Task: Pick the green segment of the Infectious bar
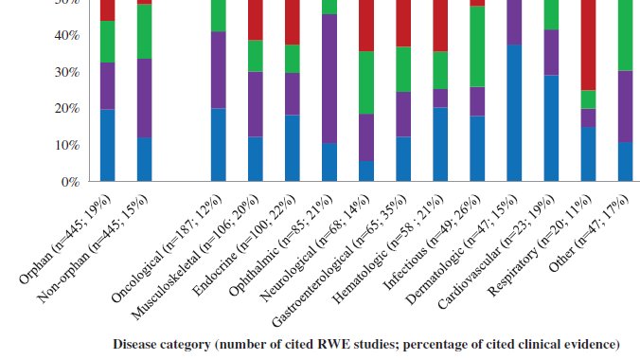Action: click(x=477, y=46)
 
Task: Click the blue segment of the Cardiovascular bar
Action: click(x=551, y=128)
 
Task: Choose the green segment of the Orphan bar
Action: click(x=107, y=42)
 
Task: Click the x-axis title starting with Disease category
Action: click(x=365, y=343)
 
